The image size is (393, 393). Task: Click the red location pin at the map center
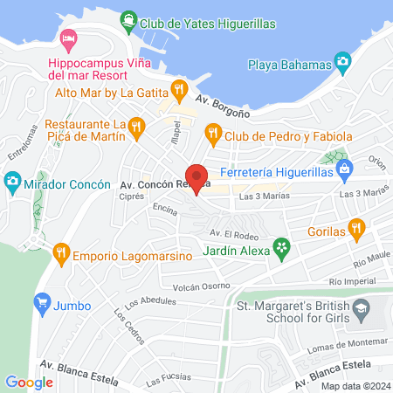coord(196,179)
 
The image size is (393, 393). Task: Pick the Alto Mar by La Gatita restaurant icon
coord(179,88)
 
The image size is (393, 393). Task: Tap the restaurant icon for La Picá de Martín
coord(135,128)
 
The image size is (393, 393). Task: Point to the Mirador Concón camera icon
coord(12,183)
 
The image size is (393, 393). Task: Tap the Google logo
coord(29,382)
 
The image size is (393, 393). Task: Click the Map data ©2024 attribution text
coord(353,386)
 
